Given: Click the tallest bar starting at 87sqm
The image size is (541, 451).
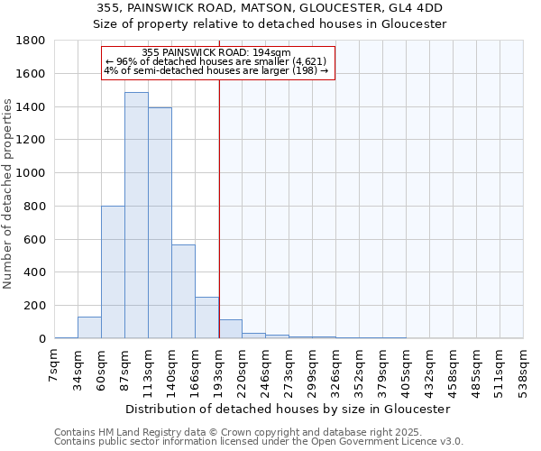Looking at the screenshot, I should click(x=136, y=216).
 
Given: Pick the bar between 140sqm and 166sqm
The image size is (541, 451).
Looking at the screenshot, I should click(x=183, y=291).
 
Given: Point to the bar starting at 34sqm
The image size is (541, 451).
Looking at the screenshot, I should click(x=89, y=327).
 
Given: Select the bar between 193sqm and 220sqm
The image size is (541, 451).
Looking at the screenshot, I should click(x=230, y=329).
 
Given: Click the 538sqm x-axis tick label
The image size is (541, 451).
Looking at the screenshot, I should click(x=524, y=370).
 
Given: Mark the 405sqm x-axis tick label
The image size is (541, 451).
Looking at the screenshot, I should click(x=407, y=370).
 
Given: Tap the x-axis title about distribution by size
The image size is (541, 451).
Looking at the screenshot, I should click(x=288, y=409).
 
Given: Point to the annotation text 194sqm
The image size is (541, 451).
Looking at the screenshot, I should click(x=271, y=53).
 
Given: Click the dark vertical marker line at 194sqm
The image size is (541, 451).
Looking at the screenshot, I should click(x=219, y=207).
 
